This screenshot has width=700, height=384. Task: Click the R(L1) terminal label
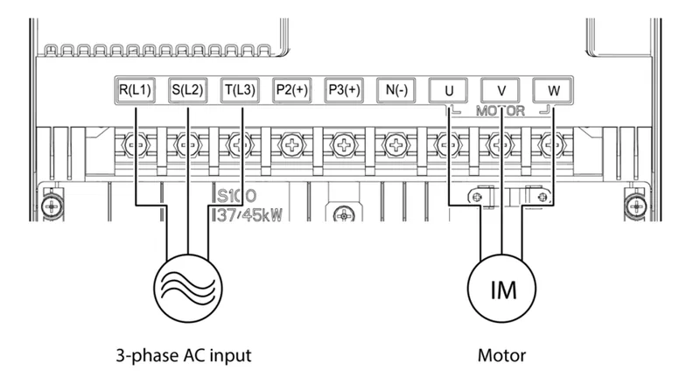[x=136, y=89]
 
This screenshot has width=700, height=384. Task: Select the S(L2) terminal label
[x=187, y=89]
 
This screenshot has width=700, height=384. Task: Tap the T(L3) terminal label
[x=239, y=89]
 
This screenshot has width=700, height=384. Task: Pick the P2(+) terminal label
[x=290, y=89]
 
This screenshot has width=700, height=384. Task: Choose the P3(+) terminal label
[x=343, y=89]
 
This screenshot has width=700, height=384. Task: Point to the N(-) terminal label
[x=395, y=89]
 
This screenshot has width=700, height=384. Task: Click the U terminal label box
[x=448, y=89]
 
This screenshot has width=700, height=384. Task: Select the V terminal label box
[x=500, y=89]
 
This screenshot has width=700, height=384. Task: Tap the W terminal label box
[x=552, y=89]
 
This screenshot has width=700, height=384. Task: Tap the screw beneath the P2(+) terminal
[x=292, y=143]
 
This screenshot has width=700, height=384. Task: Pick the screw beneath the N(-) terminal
[x=396, y=143]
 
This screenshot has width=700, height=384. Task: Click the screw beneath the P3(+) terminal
[x=345, y=143]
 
